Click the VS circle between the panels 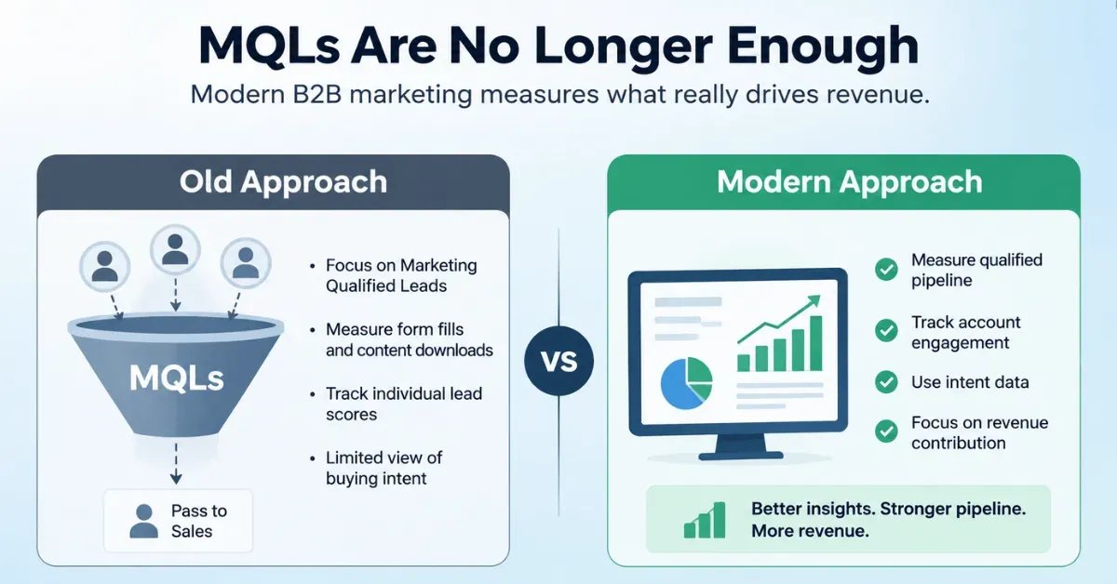[x=558, y=360]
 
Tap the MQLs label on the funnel [x=177, y=378]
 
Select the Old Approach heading [x=283, y=181]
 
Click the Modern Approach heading [x=849, y=181]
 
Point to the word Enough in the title [x=823, y=46]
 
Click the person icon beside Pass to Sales [x=143, y=521]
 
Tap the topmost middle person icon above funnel [x=175, y=249]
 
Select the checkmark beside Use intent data [x=886, y=382]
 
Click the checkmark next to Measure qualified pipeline [x=886, y=270]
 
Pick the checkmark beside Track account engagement [x=886, y=330]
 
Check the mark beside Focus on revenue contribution [x=886, y=431]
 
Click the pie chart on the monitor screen [x=686, y=383]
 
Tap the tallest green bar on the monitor [x=815, y=343]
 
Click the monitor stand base [x=741, y=455]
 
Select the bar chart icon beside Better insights [x=705, y=520]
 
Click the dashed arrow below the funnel [x=176, y=463]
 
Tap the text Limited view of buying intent [x=384, y=468]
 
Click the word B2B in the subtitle [x=317, y=94]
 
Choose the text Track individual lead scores [x=403, y=404]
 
